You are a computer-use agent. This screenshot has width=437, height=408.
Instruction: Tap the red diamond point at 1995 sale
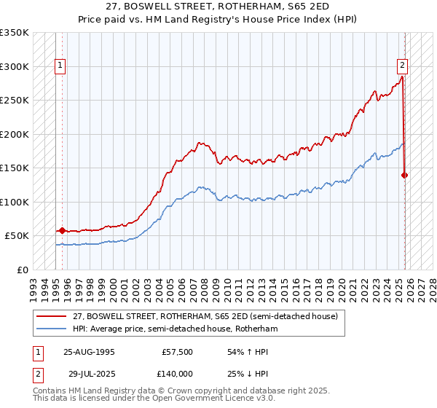tap(62, 230)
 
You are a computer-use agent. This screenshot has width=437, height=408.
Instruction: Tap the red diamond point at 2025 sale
tap(405, 175)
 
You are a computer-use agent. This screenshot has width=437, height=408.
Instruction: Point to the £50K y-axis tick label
tap(17, 236)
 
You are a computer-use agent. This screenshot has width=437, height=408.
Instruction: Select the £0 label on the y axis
tap(23, 270)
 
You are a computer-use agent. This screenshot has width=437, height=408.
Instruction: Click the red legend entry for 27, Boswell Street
tap(205, 317)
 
